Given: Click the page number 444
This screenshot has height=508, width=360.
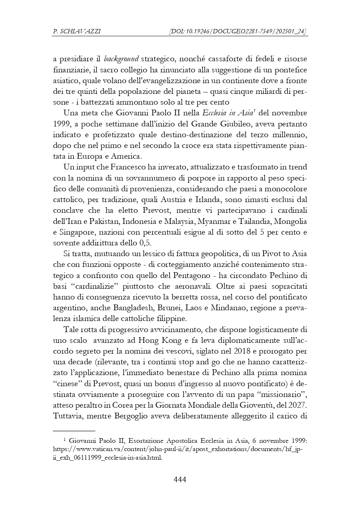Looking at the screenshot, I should pyautogui.click(x=180, y=479).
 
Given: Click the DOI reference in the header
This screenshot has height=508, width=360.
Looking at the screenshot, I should pyautogui.click(x=238, y=32).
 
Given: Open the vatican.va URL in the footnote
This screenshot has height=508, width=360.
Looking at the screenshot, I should pyautogui.click(x=178, y=449).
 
